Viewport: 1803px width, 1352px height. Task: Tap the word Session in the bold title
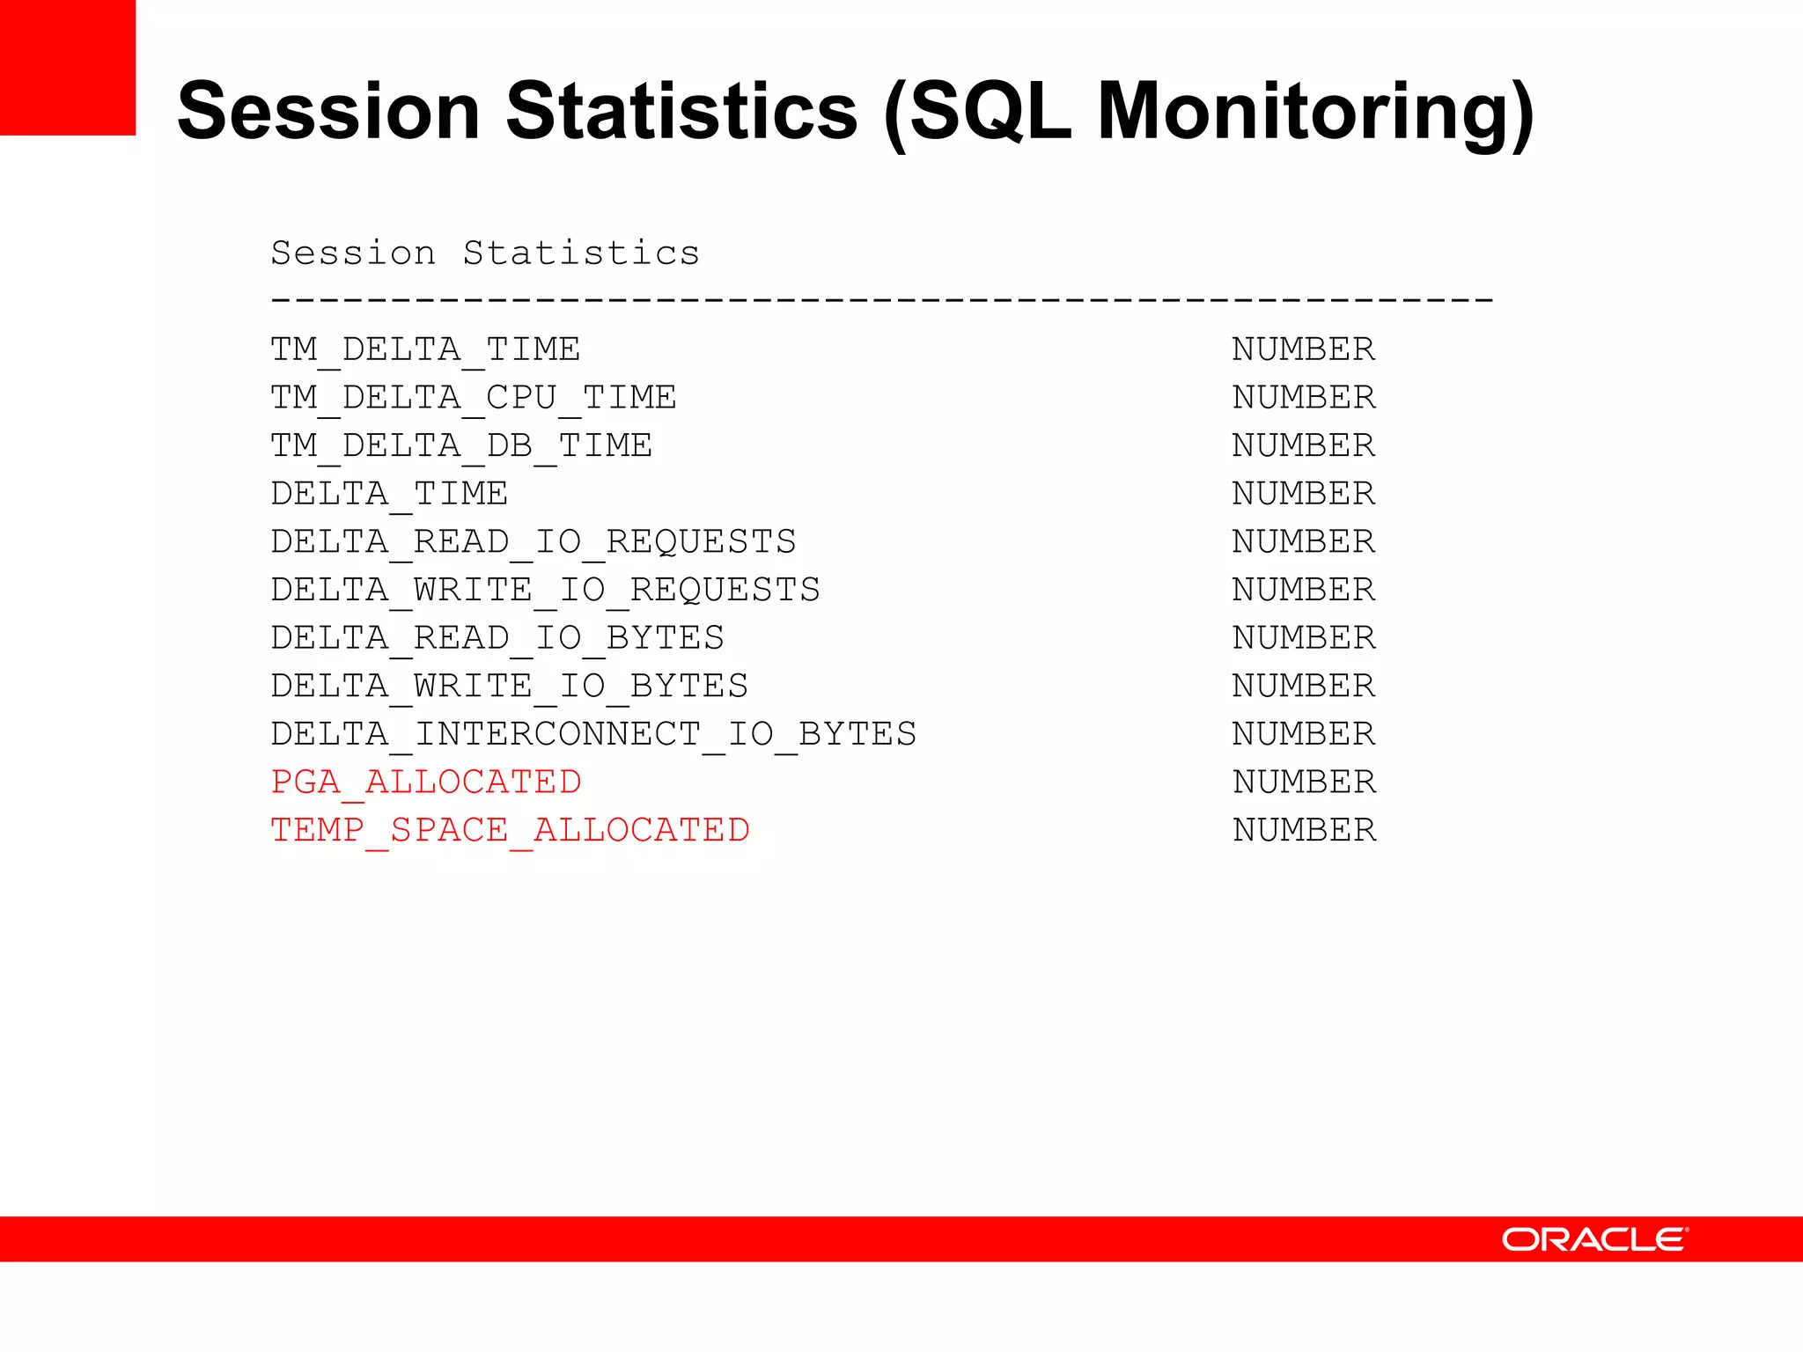328,112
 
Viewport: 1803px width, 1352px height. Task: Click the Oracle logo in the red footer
1594,1239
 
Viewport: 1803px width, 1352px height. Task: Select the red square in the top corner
68,67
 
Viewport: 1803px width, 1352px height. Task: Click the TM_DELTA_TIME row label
425,349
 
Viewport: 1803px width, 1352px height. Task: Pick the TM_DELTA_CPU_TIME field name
474,398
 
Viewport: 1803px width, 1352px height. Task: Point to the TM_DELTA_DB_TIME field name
461,445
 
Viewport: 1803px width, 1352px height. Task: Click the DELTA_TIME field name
389,494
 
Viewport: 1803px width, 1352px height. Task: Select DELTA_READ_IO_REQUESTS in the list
534,541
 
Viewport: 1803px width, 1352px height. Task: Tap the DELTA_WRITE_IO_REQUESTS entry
546,590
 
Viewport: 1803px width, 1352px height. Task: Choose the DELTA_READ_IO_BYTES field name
497,638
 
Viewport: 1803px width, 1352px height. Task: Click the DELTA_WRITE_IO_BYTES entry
510,686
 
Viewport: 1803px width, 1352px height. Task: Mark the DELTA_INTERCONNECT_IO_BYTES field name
593,734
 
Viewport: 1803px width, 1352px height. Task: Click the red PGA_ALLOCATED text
426,782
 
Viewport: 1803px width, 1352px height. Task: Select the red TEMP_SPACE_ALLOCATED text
510,830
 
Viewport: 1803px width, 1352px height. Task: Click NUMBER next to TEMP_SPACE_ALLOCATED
1304,830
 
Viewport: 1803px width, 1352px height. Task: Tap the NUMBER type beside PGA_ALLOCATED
1304,782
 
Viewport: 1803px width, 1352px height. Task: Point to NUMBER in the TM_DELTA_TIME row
1303,349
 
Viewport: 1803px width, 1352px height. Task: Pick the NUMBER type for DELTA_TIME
1303,494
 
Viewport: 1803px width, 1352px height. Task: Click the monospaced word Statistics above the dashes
581,253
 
